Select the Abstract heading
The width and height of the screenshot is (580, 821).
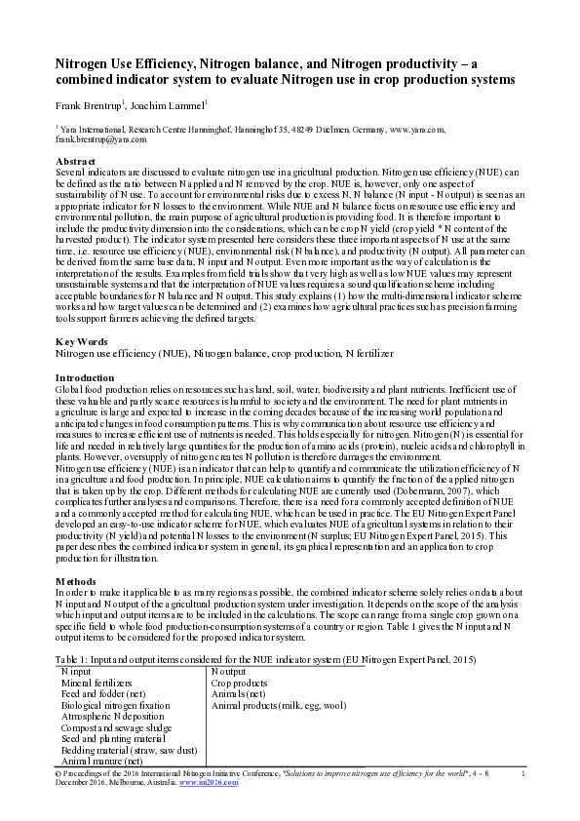(75, 160)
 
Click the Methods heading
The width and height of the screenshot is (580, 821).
(76, 581)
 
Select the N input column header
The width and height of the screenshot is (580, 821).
(81, 673)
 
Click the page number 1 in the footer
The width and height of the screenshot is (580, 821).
(523, 774)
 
